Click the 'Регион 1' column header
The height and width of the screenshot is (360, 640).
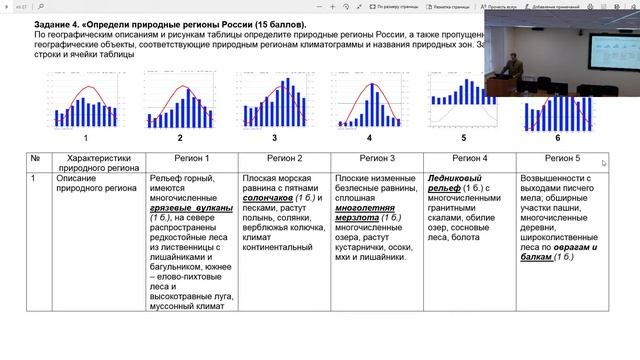pos(192,159)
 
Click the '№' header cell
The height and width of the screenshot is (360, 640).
pos(34,159)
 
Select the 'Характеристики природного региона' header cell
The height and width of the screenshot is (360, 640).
pos(98,165)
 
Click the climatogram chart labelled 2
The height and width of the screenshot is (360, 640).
pos(180,100)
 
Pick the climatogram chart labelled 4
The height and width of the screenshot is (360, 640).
pos(369,100)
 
